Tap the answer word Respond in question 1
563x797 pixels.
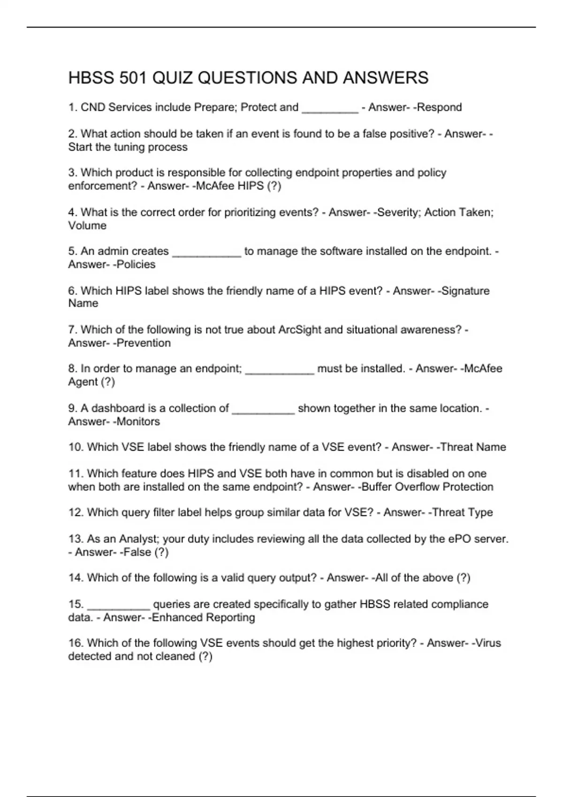pyautogui.click(x=440, y=107)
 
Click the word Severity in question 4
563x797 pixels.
pyautogui.click(x=398, y=212)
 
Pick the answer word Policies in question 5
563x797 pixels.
pyautogui.click(x=136, y=264)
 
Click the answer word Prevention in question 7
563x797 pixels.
pyautogui.click(x=144, y=343)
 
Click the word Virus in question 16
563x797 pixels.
pyautogui.click(x=488, y=643)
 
